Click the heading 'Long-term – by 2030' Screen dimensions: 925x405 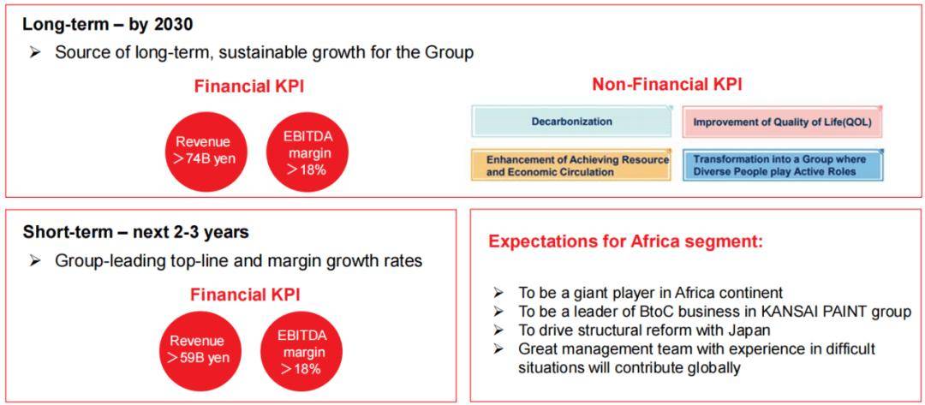[x=108, y=26]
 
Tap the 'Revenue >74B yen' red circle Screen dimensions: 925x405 [x=203, y=151]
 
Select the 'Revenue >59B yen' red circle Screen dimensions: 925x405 [x=197, y=349]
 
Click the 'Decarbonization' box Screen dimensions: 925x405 [x=571, y=122]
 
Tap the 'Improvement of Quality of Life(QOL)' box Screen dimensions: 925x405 [x=782, y=122]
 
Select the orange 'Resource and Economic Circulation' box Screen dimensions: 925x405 [x=571, y=164]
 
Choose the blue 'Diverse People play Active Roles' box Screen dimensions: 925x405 [x=782, y=164]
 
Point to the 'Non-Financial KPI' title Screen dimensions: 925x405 [x=667, y=85]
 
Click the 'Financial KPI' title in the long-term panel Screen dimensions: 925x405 [x=249, y=86]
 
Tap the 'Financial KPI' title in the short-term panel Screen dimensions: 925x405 [x=245, y=295]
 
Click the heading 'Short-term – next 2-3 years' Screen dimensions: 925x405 [x=135, y=232]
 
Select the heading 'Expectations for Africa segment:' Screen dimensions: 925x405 [x=626, y=241]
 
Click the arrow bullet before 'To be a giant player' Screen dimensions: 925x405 [x=498, y=292]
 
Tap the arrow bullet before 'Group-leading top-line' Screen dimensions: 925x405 [x=35, y=260]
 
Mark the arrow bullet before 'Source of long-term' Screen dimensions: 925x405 [x=35, y=52]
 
